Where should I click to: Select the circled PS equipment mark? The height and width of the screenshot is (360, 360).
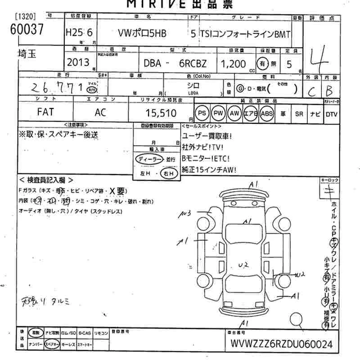[203, 114]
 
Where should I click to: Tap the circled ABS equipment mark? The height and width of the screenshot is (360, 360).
[266, 114]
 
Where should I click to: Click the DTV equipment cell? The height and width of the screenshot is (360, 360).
[332, 114]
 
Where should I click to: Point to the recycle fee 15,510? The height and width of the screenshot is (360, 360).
[162, 113]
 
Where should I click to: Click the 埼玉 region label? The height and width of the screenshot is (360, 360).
[25, 54]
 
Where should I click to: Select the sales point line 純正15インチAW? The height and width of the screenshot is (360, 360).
[209, 170]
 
